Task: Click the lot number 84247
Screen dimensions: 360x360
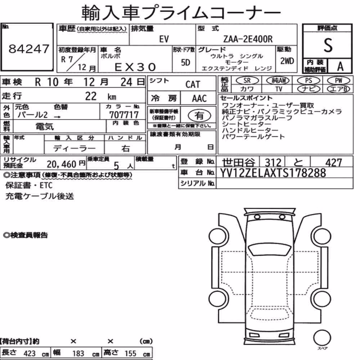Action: [29, 49]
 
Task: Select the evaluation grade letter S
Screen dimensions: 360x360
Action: [328, 45]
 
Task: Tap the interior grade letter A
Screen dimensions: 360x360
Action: [340, 67]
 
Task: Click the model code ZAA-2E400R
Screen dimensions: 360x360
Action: [248, 39]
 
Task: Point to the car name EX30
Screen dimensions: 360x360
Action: [135, 67]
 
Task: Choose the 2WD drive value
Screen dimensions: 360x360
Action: [287, 61]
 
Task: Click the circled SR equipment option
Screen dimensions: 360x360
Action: [247, 80]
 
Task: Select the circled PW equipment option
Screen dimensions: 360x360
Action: [338, 80]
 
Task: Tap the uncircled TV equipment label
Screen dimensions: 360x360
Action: [279, 89]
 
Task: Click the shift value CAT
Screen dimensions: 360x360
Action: [193, 84]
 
